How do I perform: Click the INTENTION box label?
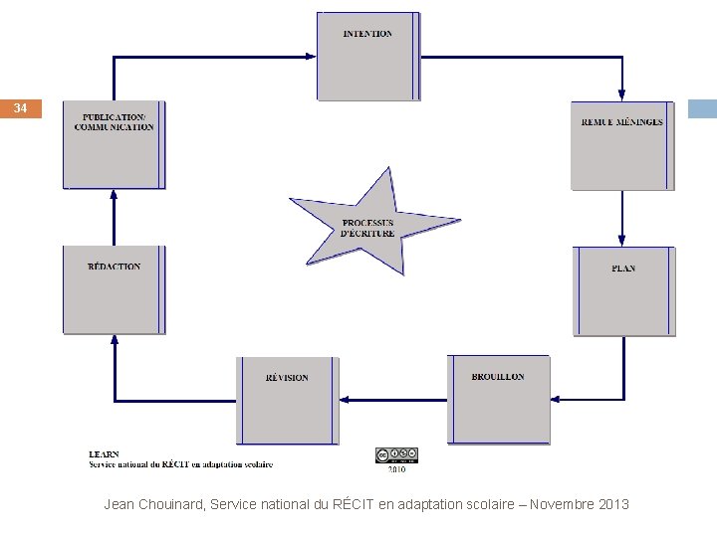coord(367,34)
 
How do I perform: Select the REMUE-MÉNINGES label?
coord(622,122)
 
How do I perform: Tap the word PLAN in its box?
coord(623,268)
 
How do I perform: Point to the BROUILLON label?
coord(498,377)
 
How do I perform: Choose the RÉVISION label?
coord(287,378)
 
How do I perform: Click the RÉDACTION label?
coord(115,267)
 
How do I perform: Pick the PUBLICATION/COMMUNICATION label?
coord(115,122)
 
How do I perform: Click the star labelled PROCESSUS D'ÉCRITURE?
coord(368,228)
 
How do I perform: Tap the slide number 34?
coord(21,108)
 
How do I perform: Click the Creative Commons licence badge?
coord(395,455)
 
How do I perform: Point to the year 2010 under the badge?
coord(396,469)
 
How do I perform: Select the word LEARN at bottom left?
coord(104,454)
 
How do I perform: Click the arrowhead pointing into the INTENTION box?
coord(310,57)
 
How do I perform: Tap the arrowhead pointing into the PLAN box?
coord(622,241)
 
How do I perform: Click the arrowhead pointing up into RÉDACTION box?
coord(115,341)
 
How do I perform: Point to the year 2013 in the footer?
coord(614,504)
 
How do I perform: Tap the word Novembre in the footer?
coord(563,504)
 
